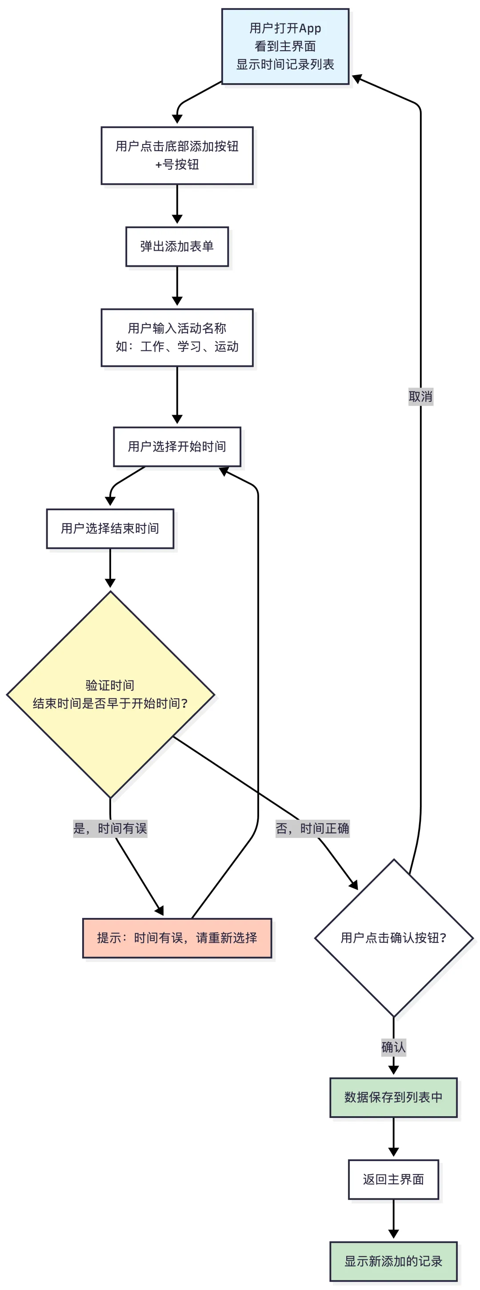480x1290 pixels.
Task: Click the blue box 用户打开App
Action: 285,46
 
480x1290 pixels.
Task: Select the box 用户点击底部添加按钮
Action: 177,155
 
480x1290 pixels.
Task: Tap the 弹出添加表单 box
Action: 177,246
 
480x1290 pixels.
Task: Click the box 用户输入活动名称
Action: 177,337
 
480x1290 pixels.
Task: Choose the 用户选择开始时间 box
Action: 177,446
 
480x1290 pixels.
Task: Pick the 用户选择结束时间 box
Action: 110,529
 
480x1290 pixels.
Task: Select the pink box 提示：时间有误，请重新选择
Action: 177,937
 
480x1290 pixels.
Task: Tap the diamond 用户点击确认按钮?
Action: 393,937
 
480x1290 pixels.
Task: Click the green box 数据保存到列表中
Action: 393,1097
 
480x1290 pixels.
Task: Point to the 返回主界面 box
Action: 393,1179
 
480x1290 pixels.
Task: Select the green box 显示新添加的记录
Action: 393,1261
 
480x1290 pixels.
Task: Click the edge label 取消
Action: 420,397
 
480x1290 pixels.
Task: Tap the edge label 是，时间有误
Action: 110,828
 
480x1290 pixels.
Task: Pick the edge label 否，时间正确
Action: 312,828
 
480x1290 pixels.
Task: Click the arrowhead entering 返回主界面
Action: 393,1152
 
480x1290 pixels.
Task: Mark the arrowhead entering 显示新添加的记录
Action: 393,1234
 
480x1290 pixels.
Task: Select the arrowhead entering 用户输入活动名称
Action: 177,301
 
